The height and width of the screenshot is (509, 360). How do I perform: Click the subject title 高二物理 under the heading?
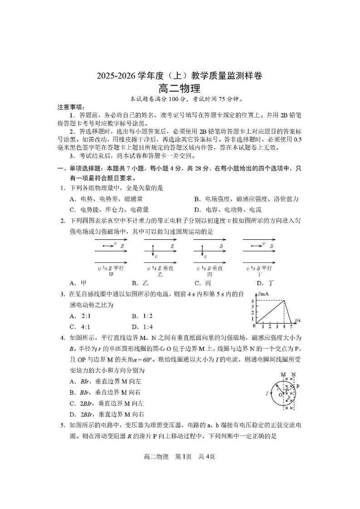click(180, 89)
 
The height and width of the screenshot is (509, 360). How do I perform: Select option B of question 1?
click(246, 199)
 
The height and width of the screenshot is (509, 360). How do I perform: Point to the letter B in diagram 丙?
click(221, 246)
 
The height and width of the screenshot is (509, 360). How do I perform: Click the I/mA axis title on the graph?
click(263, 295)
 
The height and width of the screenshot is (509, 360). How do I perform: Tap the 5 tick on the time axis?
click(291, 326)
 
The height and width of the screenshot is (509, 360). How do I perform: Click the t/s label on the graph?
click(297, 320)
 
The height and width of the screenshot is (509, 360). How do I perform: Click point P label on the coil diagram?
click(298, 386)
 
